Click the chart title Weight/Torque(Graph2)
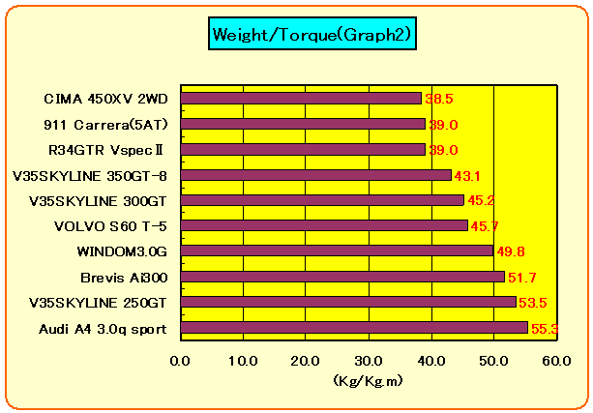tap(311, 35)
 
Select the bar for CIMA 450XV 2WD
tap(302, 98)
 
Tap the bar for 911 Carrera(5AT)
tap(303, 124)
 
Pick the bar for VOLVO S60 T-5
tap(324, 225)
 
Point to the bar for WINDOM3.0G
tap(337, 251)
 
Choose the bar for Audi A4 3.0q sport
tap(354, 327)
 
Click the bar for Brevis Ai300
tap(342, 277)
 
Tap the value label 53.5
tap(534, 303)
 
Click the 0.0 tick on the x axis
tap(181, 360)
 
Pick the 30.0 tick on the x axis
tap(369, 360)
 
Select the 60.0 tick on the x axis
tap(556, 360)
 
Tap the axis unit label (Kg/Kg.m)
tap(368, 381)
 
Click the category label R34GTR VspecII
tap(107, 150)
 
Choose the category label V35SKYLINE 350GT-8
tap(90, 175)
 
